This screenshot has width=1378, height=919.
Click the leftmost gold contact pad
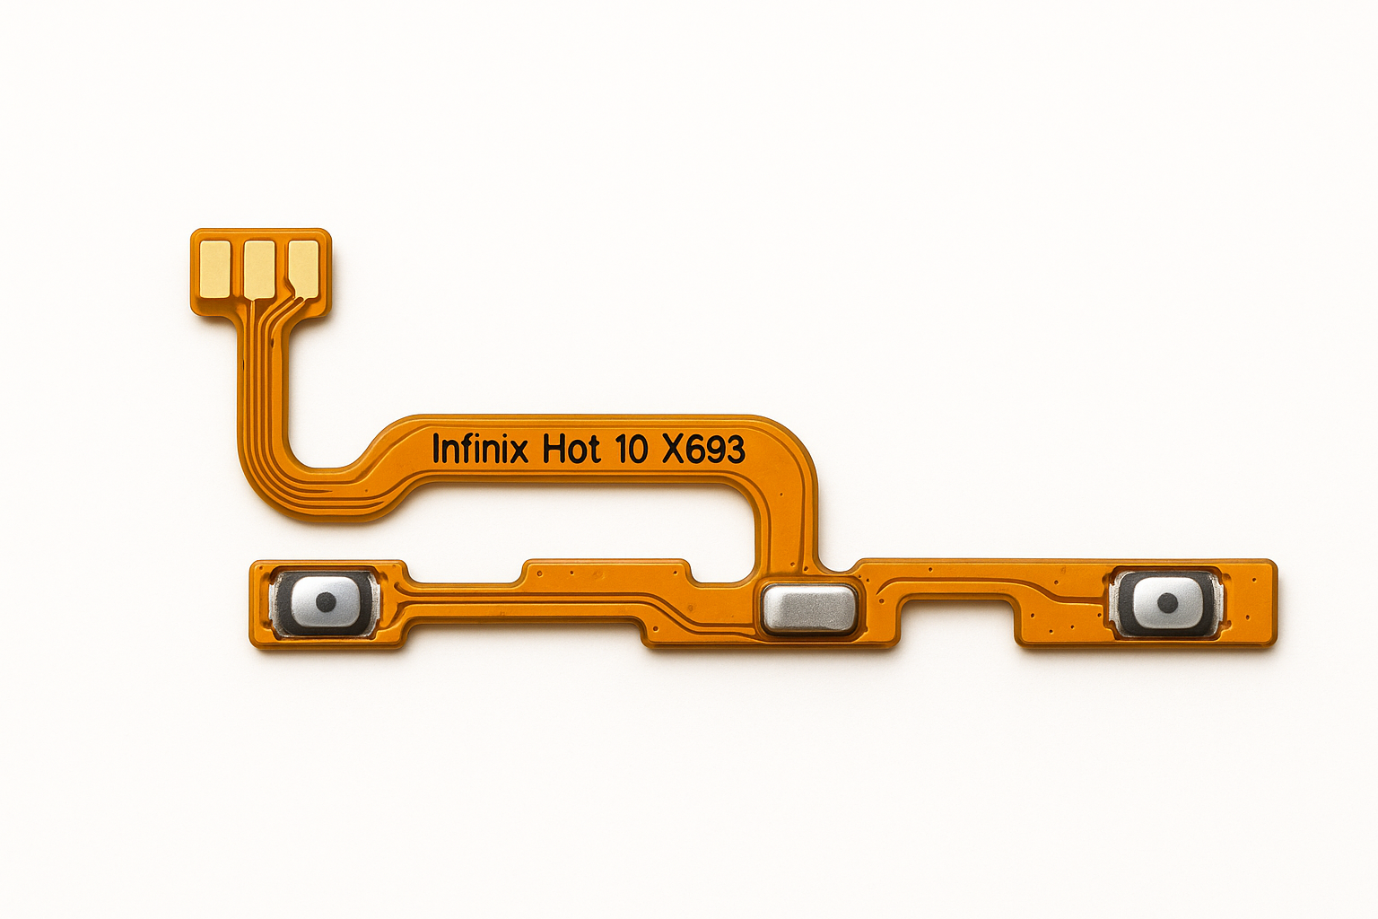click(214, 268)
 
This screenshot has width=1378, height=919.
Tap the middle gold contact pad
click(259, 269)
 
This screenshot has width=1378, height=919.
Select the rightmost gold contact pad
click(304, 268)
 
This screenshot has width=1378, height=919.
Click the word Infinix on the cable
click(480, 449)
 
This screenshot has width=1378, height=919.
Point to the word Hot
click(571, 449)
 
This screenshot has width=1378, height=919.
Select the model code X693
click(703, 449)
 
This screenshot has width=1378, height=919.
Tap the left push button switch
click(324, 602)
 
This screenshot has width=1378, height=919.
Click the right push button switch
click(1165, 603)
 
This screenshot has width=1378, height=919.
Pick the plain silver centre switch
click(808, 608)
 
